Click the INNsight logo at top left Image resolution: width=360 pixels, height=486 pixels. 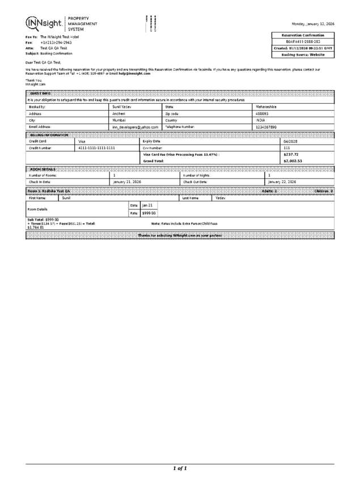click(44, 24)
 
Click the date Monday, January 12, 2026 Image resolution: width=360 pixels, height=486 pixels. click(312, 24)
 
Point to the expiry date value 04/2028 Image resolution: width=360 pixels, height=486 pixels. click(290, 141)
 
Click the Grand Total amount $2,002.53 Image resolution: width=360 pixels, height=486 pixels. click(293, 161)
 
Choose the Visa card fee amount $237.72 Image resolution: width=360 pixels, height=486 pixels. click(290, 154)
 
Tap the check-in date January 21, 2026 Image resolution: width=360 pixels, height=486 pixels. click(128, 181)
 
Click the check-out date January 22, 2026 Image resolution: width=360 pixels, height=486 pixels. click(282, 181)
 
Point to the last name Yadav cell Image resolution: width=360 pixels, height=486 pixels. click(222, 198)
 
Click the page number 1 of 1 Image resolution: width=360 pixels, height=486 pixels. click(180, 468)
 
